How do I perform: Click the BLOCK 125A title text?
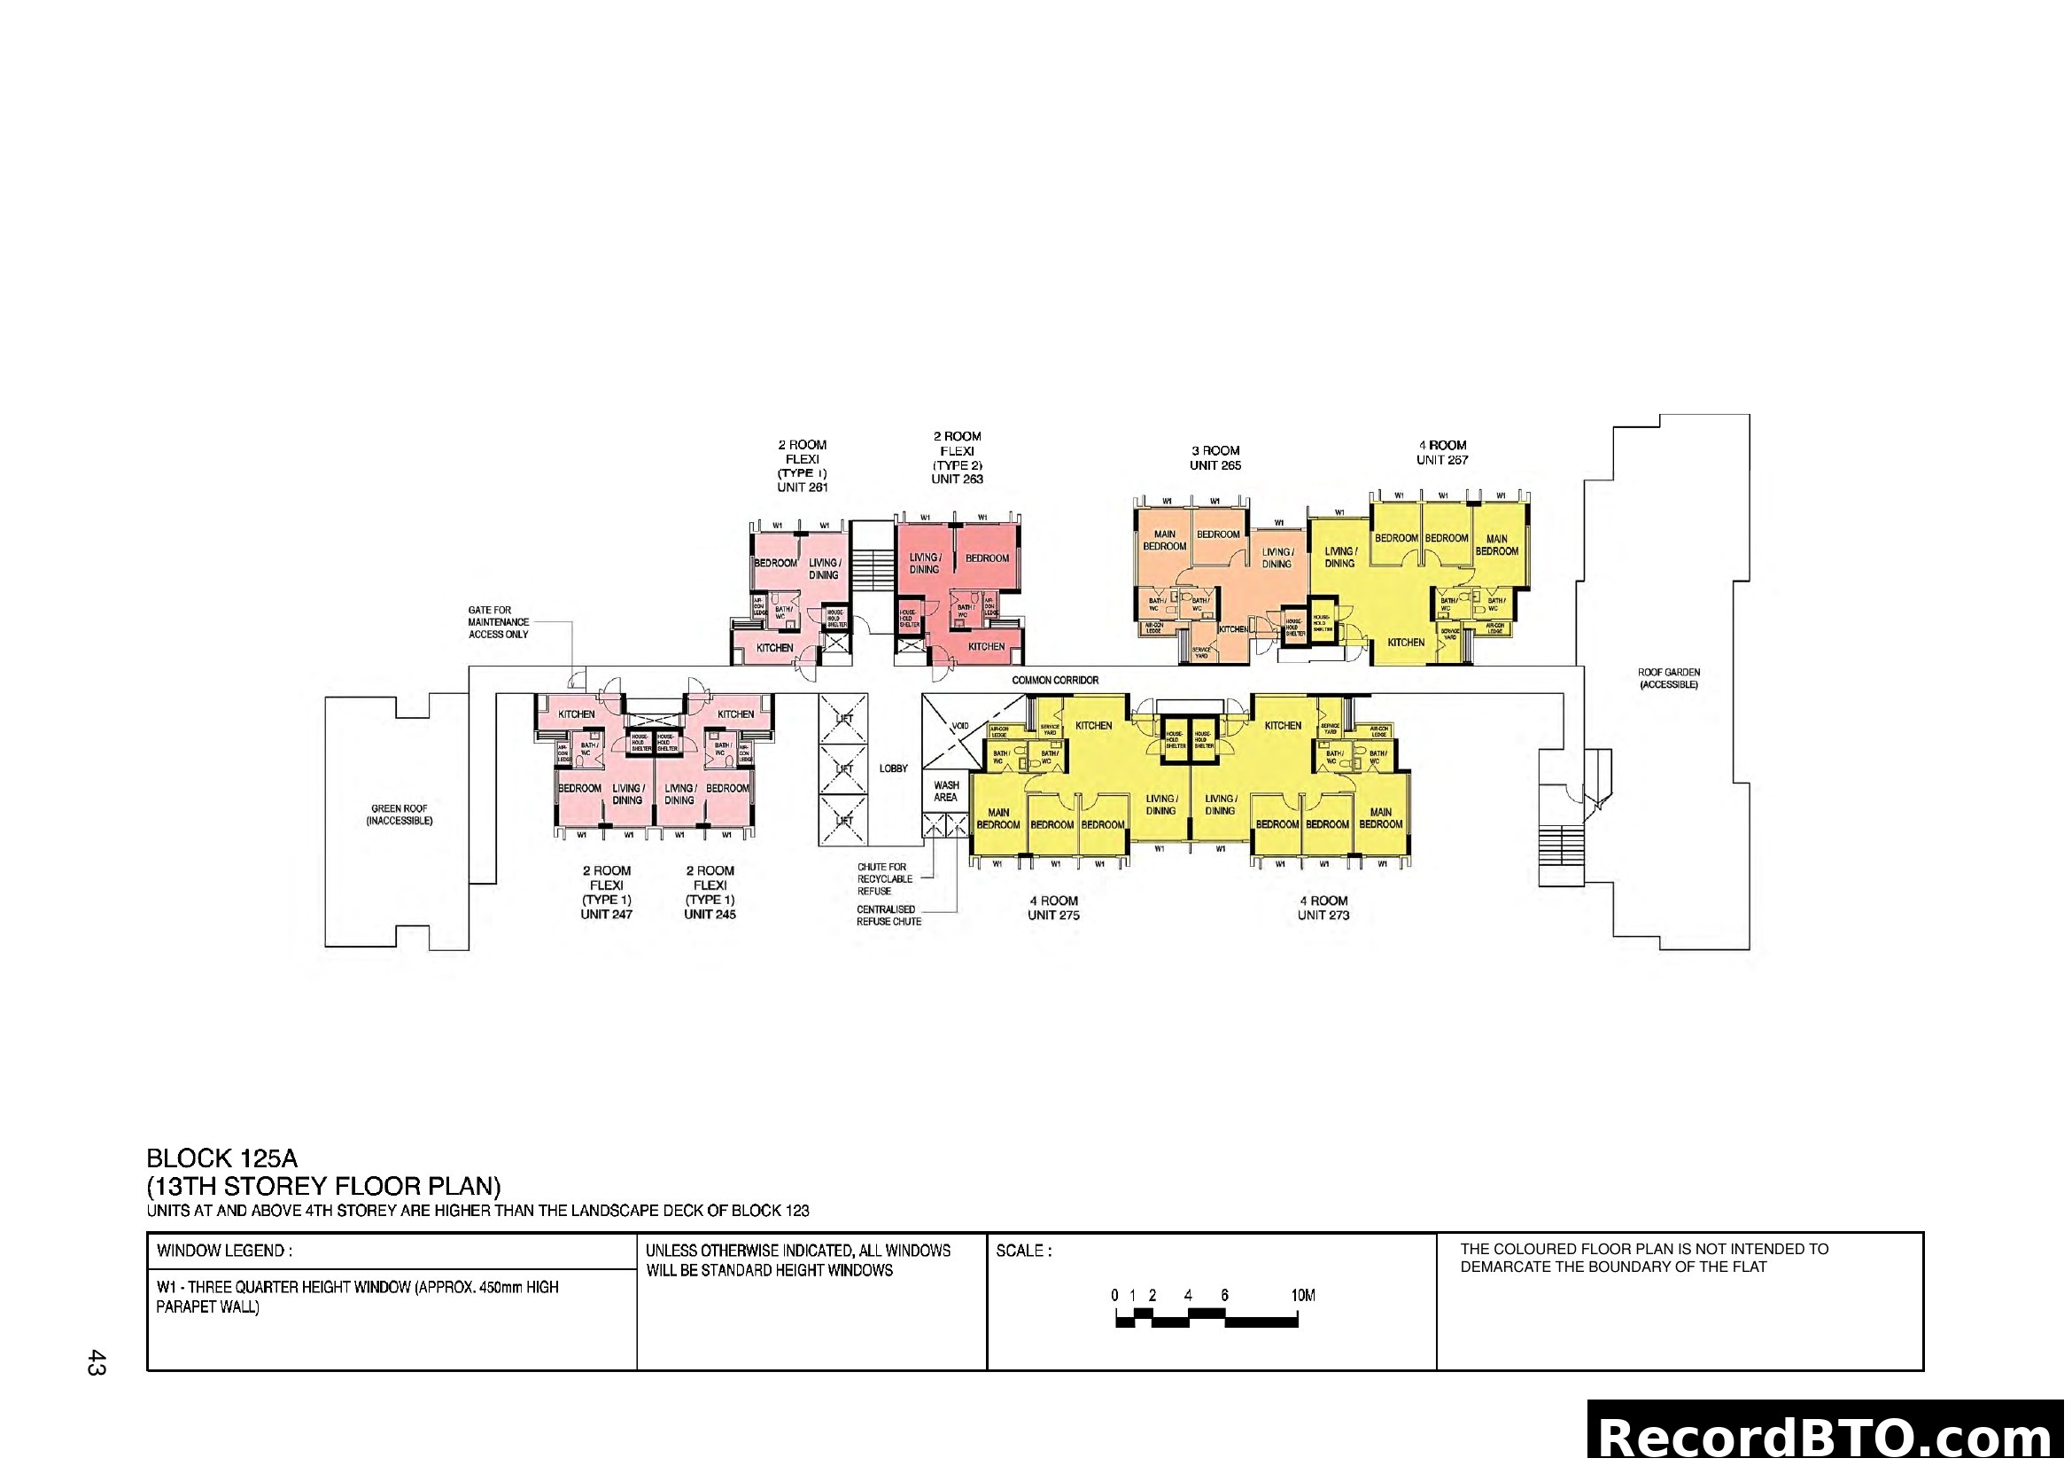pos(222,1158)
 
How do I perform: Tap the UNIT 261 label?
pos(803,487)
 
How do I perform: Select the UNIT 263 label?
pos(957,480)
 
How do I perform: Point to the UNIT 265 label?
pos(1214,466)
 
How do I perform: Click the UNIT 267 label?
pos(1442,460)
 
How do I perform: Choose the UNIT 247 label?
pos(607,915)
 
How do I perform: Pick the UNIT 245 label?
pos(710,915)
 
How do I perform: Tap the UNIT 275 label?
pos(1053,916)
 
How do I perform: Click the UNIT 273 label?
pos(1323,916)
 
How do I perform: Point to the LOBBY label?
pos(894,769)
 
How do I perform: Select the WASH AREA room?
pos(946,791)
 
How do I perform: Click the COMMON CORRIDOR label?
pos(1055,680)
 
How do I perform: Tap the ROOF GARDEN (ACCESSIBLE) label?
pos(1669,679)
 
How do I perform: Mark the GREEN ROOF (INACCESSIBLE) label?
pos(399,815)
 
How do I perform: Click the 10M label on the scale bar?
pos(1303,1296)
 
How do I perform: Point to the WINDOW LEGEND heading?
pos(224,1252)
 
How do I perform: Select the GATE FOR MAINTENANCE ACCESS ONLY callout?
pos(498,622)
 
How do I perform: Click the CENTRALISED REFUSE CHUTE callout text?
pos(889,916)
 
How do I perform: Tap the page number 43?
pos(96,1362)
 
